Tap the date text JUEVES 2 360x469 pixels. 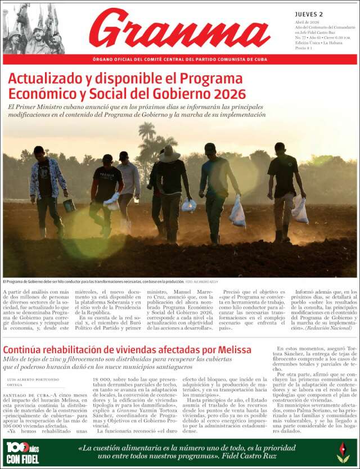309,14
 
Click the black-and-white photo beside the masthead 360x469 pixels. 33,29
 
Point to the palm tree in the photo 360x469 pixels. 147,135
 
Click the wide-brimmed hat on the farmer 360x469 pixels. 168,155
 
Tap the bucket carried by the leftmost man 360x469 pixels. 69,205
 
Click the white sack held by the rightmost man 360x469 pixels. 300,210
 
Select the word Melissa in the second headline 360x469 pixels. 234,350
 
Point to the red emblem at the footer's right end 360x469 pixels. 343,452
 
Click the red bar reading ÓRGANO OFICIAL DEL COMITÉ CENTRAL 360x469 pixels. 180,60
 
